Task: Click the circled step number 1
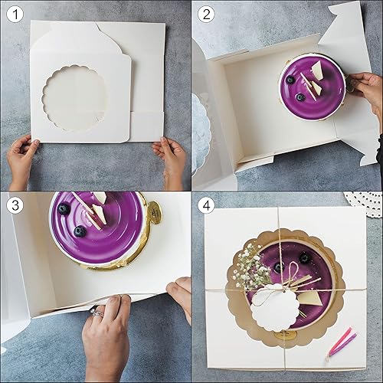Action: pyautogui.click(x=12, y=13)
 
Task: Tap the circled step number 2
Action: pyautogui.click(x=205, y=13)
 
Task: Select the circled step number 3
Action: pyautogui.click(x=12, y=205)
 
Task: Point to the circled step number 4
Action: pyautogui.click(x=205, y=205)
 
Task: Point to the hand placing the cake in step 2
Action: pyautogui.click(x=366, y=88)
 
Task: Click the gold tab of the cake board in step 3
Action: pyautogui.click(x=153, y=211)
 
